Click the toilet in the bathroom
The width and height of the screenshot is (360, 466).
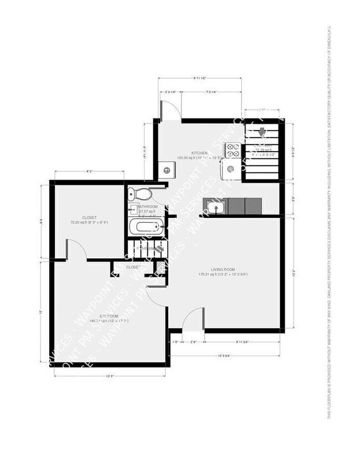(138, 194)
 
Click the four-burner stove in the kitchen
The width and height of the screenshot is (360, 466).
(232, 150)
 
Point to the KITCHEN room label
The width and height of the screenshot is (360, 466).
(199, 153)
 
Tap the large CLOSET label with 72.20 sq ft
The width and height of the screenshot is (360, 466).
(89, 218)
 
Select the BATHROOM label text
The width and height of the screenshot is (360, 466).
(147, 206)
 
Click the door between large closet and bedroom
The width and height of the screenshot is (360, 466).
(76, 249)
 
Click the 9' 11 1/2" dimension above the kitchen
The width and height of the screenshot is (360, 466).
(200, 78)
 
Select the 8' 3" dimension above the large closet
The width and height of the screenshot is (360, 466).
(89, 172)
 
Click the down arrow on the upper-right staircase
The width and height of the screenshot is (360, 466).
(261, 132)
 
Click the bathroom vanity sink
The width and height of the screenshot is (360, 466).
(133, 209)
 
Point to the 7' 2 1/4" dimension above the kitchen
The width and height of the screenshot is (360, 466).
(211, 92)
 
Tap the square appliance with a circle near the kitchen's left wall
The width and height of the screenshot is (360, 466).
(165, 170)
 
